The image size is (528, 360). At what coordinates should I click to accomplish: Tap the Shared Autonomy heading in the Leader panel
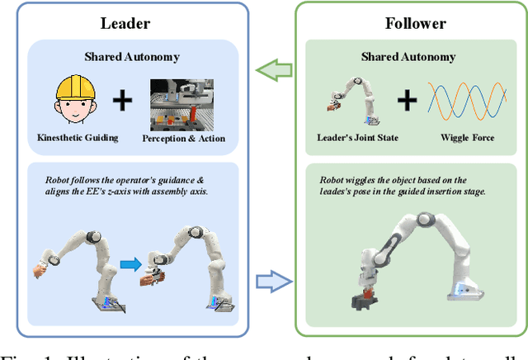(x=133, y=57)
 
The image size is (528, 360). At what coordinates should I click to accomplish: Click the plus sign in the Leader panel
(x=123, y=101)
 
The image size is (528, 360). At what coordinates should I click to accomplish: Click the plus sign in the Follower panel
(x=407, y=102)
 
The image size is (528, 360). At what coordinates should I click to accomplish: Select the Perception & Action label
(x=185, y=138)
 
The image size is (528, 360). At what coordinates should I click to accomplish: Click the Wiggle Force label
(x=463, y=138)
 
